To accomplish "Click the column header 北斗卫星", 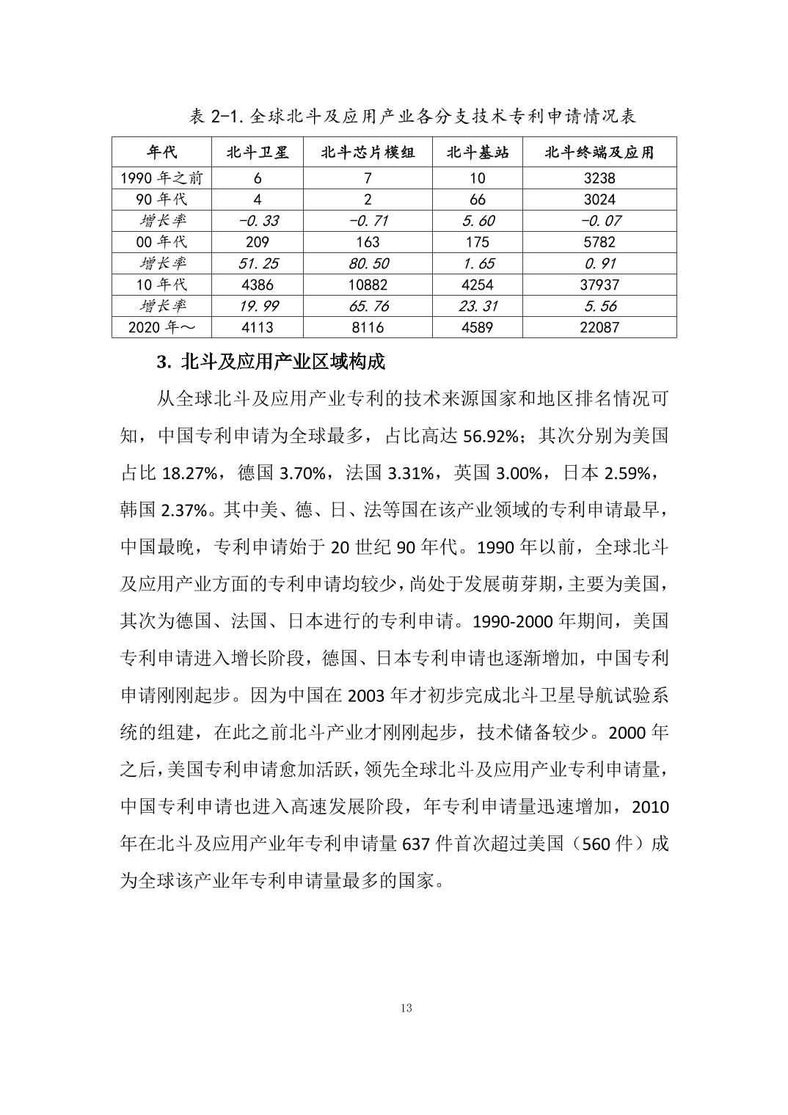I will click(257, 153).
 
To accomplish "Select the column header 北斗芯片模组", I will click(367, 153).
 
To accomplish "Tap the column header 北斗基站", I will click(477, 153).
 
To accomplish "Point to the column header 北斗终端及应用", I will click(599, 153).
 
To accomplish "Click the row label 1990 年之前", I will click(161, 178).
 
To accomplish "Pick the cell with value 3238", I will click(599, 178).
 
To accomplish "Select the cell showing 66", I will click(477, 200).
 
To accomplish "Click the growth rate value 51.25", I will click(257, 263).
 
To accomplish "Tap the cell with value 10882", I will click(367, 285).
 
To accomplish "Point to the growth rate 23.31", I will click(477, 306).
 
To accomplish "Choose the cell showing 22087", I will click(599, 327).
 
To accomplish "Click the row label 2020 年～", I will click(161, 327).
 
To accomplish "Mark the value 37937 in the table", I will click(599, 285).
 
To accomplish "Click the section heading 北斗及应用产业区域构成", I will click(271, 362).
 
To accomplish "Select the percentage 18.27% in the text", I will click(189, 474).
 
